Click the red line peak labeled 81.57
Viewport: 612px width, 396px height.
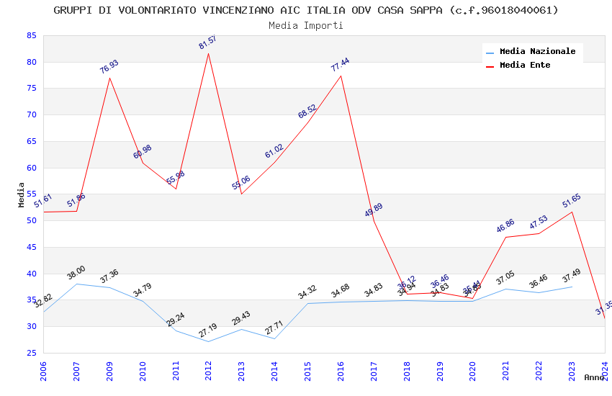209,54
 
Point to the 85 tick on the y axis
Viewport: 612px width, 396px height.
31,35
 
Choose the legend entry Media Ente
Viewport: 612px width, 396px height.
524,66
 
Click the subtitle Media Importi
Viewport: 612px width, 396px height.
306,25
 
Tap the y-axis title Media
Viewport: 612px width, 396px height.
21,194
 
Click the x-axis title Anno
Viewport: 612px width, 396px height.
594,377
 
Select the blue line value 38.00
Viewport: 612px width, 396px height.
76,284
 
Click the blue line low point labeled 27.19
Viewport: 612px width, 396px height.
209,341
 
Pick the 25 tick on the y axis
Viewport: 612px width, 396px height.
31,353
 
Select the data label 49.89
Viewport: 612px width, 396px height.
374,210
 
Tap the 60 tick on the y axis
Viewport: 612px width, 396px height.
31,168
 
